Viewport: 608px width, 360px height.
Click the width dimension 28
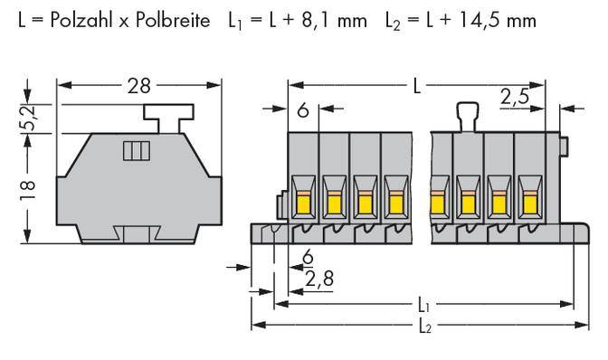(138, 87)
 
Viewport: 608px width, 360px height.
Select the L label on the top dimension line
(415, 87)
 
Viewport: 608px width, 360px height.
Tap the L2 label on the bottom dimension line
(424, 327)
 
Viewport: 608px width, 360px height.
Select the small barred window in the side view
(134, 150)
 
